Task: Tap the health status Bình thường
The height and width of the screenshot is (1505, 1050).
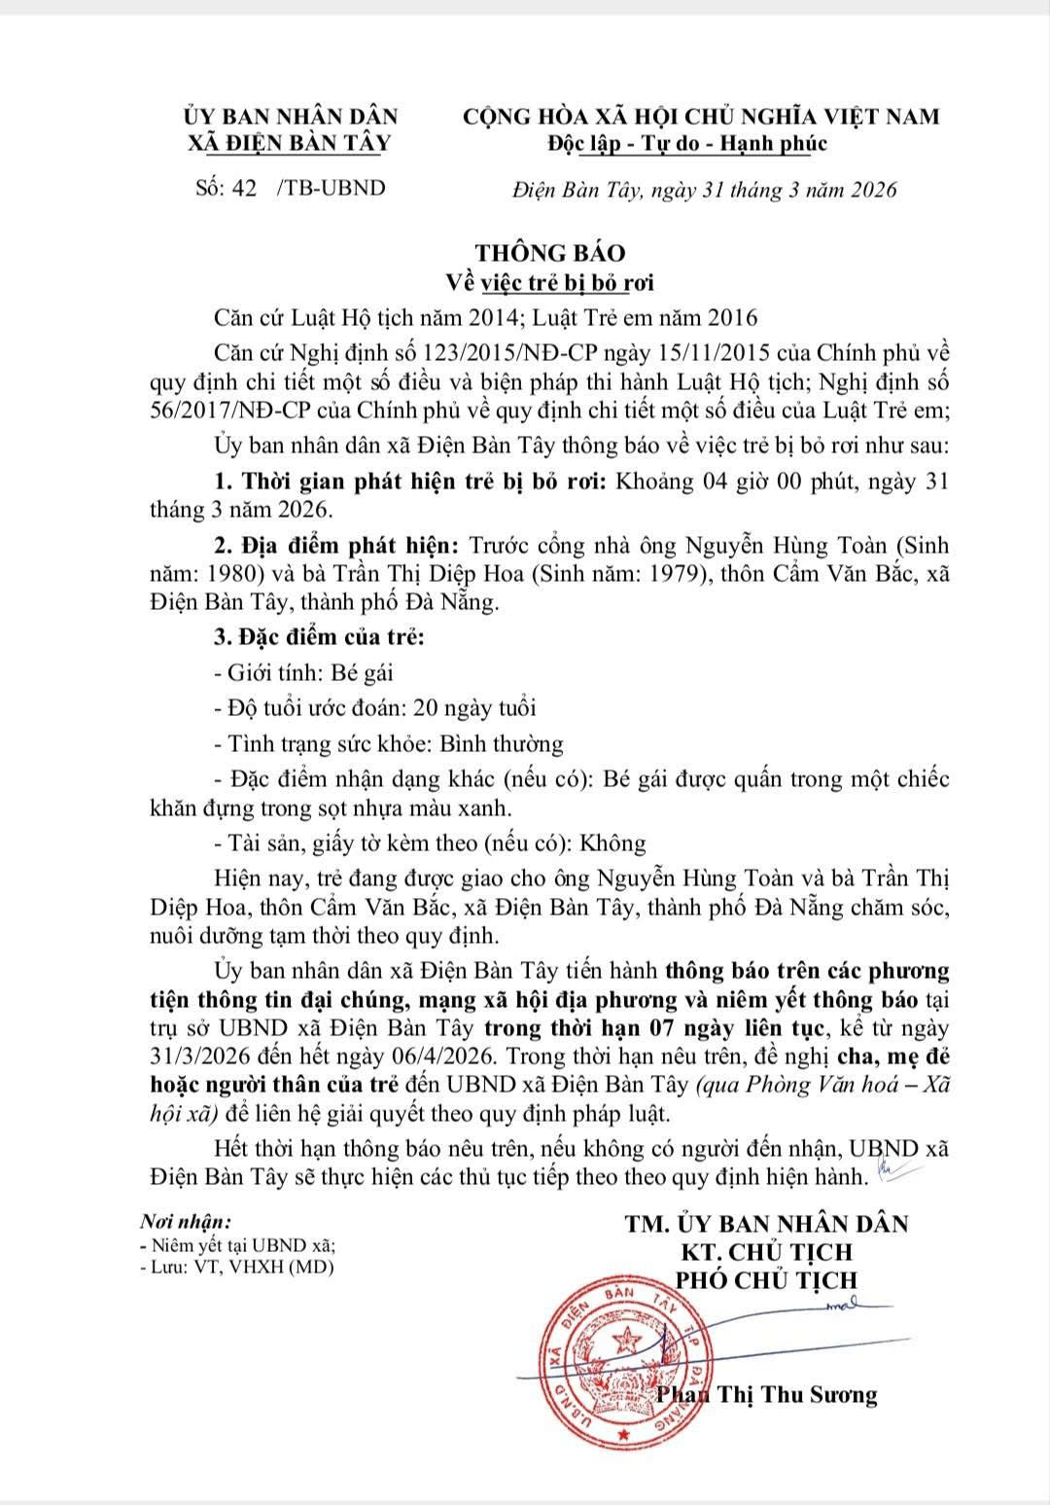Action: click(x=502, y=744)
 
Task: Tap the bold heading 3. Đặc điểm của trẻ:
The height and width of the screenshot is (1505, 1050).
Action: click(x=319, y=637)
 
